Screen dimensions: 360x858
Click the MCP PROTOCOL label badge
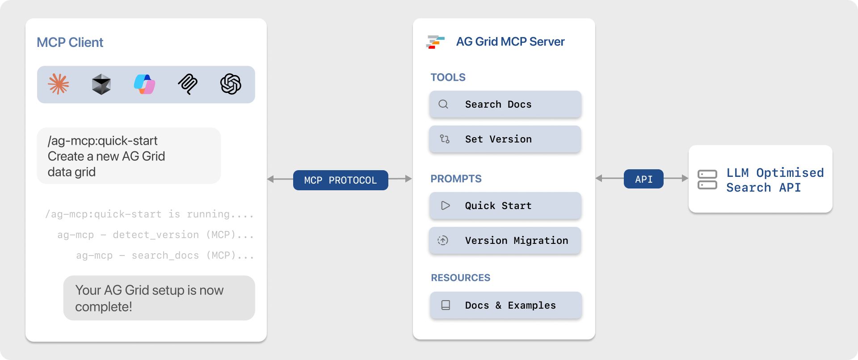tap(341, 180)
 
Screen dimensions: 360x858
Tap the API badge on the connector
tap(643, 179)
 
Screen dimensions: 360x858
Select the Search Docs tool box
tap(505, 105)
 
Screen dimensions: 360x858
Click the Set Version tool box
tap(505, 139)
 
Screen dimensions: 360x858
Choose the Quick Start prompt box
tap(505, 206)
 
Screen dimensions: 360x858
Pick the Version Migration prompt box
tap(505, 241)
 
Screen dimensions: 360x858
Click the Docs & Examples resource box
tap(505, 306)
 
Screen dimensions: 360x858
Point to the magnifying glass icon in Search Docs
tap(443, 105)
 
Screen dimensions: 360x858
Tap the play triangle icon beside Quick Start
tap(445, 205)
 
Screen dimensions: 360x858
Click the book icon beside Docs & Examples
tap(446, 306)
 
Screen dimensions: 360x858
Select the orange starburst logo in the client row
tap(59, 84)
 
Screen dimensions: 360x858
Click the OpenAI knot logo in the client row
tap(231, 84)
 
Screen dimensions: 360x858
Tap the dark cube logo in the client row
tap(101, 84)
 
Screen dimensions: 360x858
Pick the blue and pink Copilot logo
tap(144, 84)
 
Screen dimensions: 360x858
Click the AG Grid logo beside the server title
tap(435, 42)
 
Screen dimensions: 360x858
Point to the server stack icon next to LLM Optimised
tap(707, 180)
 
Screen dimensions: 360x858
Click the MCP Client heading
tap(70, 42)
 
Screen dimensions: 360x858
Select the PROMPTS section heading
tap(456, 179)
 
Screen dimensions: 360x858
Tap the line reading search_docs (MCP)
tap(165, 255)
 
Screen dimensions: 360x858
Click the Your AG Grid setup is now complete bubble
tap(159, 298)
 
